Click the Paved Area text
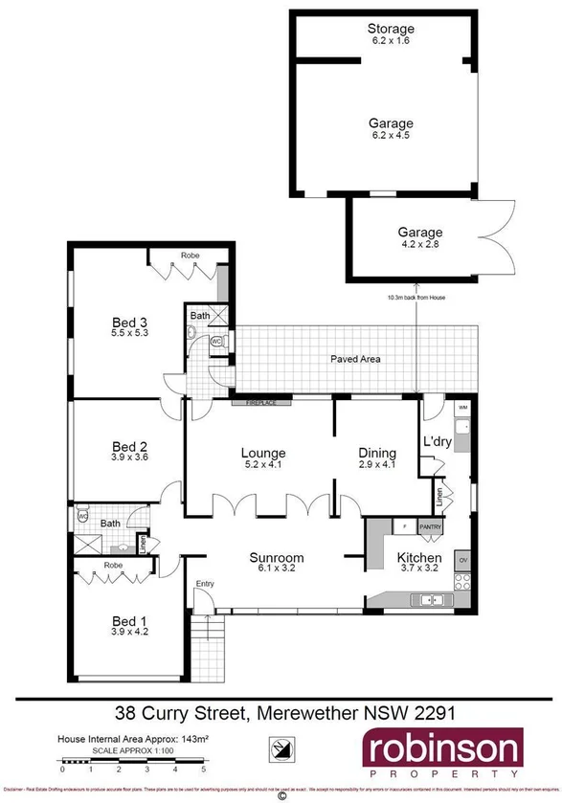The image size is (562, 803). coord(355,359)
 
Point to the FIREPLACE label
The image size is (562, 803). coord(261,403)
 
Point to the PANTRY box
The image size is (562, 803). coord(429,526)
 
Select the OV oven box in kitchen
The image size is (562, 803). coord(462,559)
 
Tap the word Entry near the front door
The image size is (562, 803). coord(205,584)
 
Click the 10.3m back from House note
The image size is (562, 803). coord(416,298)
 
